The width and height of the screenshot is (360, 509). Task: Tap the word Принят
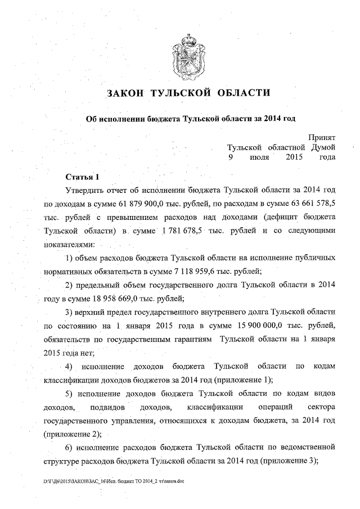pyautogui.click(x=322, y=137)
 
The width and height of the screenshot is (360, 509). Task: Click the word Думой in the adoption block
pyautogui.click(x=323, y=147)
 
